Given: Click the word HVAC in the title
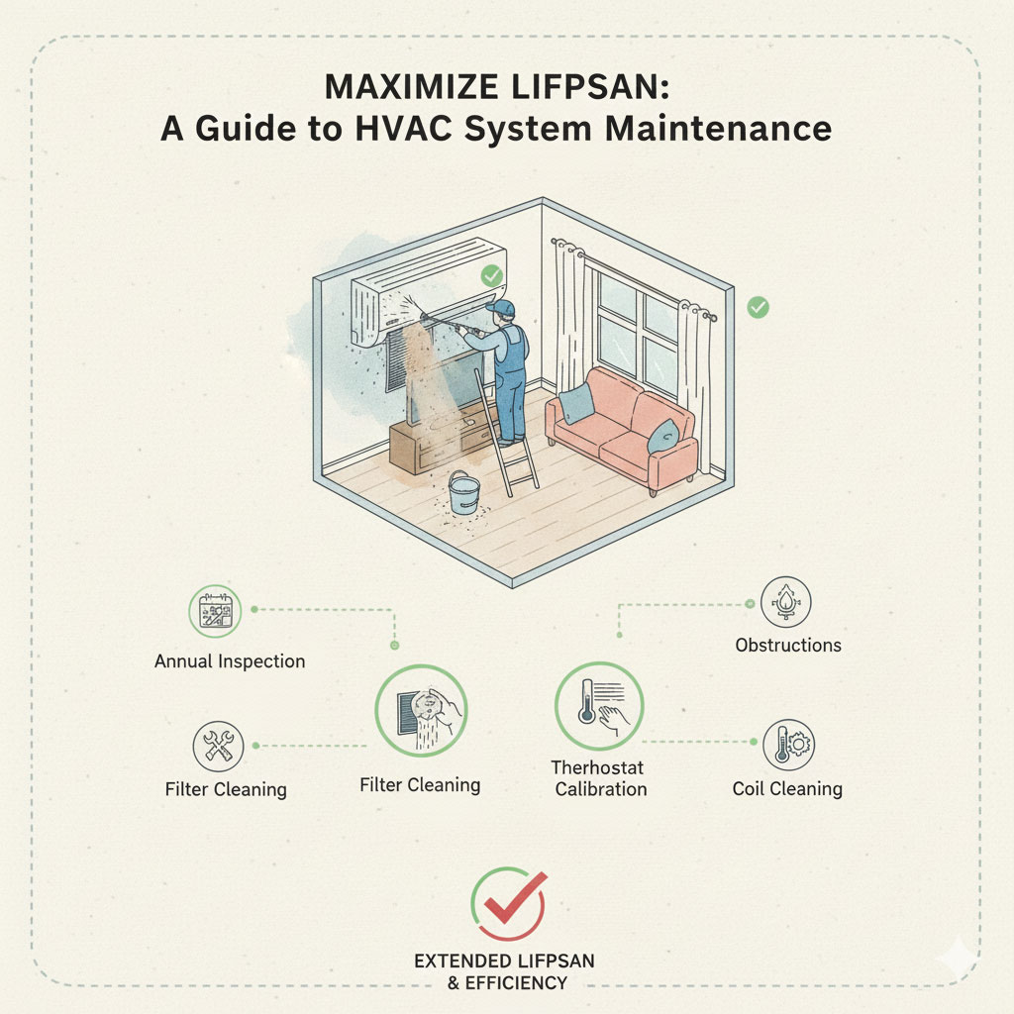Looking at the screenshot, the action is [403, 128].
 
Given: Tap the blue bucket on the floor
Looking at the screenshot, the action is [464, 493].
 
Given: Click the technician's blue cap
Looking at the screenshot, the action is [501, 307].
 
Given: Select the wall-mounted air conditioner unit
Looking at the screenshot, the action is [428, 291].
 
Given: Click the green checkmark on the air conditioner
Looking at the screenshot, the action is [491, 275].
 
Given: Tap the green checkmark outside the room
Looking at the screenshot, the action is [758, 307].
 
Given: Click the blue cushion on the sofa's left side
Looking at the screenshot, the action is [576, 404].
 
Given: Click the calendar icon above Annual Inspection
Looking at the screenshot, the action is [215, 611].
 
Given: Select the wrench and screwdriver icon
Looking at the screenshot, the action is [219, 747].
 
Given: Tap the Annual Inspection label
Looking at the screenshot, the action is [230, 661].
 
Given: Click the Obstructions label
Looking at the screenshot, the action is [788, 645].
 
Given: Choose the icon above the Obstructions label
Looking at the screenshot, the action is [785, 602].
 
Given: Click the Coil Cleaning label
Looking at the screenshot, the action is [787, 789].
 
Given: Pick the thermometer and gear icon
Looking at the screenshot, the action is [789, 745].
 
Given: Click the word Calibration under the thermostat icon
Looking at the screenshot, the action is [601, 789].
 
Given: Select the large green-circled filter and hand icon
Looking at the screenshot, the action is [421, 711].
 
